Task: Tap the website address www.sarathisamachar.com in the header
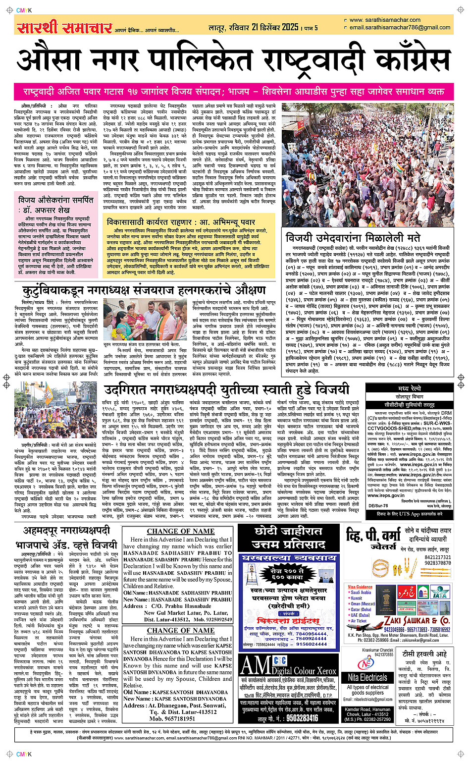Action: coord(385,20)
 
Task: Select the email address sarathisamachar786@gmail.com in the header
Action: coord(400,28)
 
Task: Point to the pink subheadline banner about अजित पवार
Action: coord(234,92)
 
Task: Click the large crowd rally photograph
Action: coord(367,164)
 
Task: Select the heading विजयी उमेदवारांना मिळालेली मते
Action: coord(353,237)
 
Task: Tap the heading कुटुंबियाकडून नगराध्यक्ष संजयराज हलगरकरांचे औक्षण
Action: coord(144,290)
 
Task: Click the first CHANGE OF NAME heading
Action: coord(181,531)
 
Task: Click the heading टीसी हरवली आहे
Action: coord(424,653)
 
